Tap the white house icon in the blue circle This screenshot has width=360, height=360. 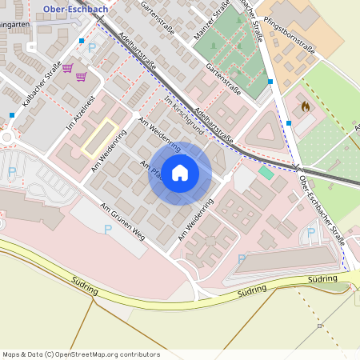[180, 172]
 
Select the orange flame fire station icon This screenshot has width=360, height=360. [305, 106]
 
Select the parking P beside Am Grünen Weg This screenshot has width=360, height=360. [108, 230]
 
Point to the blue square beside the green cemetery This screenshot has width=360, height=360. [270, 82]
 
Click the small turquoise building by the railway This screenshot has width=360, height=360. [266, 172]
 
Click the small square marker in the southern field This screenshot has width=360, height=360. [319, 326]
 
